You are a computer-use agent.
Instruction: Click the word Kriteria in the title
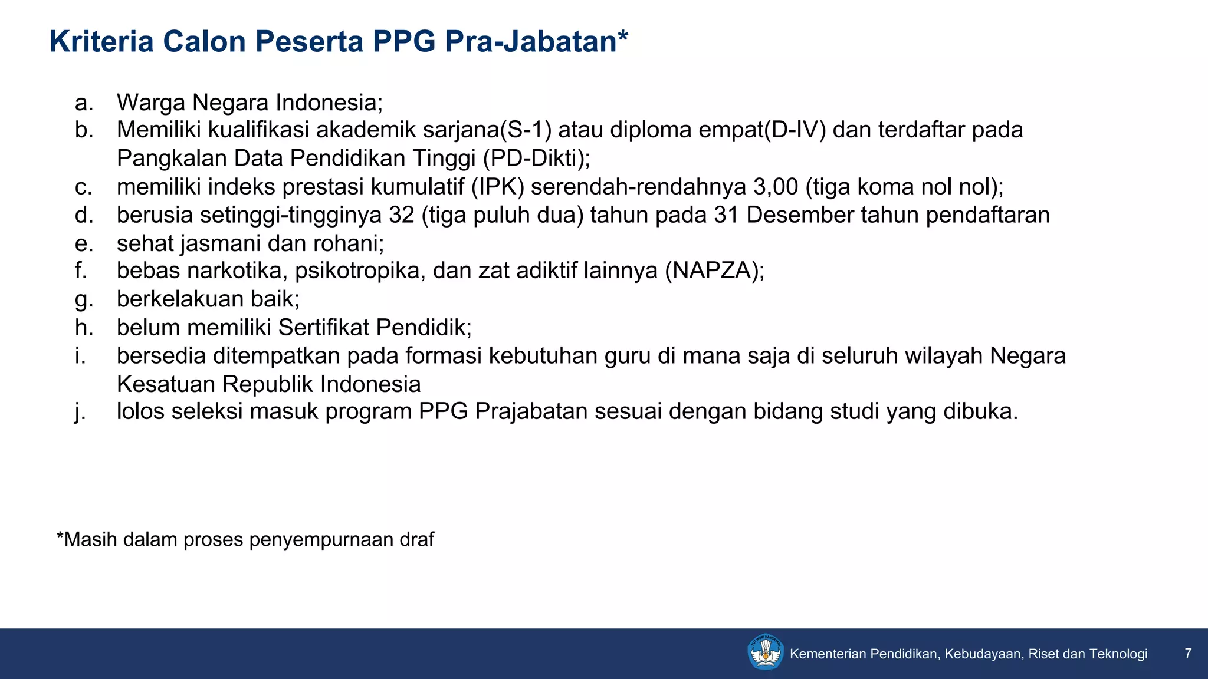click(101, 42)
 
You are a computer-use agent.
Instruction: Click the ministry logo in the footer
click(765, 652)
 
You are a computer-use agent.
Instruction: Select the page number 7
click(1188, 653)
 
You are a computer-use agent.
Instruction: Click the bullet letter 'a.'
click(84, 103)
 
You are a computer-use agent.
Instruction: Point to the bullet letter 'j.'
click(80, 411)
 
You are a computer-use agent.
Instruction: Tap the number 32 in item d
click(402, 215)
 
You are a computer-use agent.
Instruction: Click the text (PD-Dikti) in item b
click(536, 159)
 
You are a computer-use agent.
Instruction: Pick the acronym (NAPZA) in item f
click(714, 271)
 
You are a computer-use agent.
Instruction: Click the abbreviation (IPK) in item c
click(497, 187)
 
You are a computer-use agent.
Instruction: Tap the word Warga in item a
click(151, 103)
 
